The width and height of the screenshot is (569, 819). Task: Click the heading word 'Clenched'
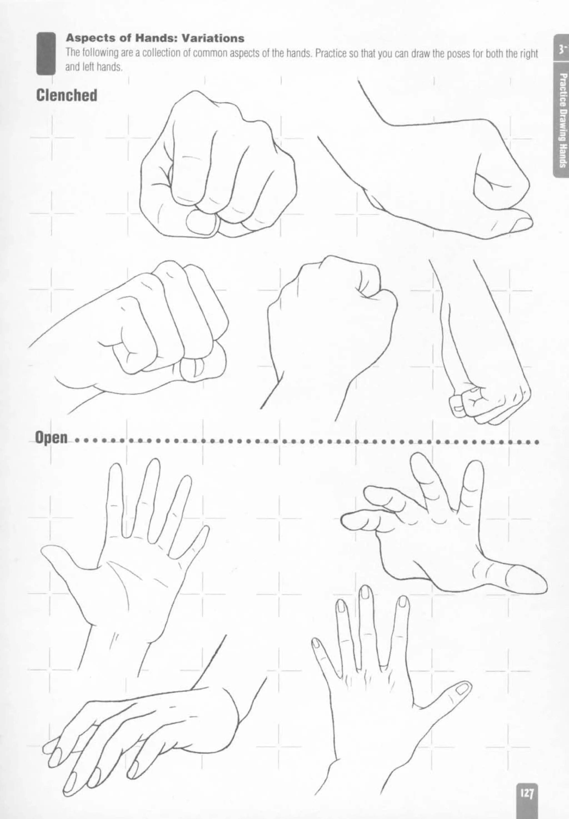(66, 96)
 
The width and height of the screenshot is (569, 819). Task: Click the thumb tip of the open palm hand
(46, 552)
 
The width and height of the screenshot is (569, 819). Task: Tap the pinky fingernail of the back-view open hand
(316, 642)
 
